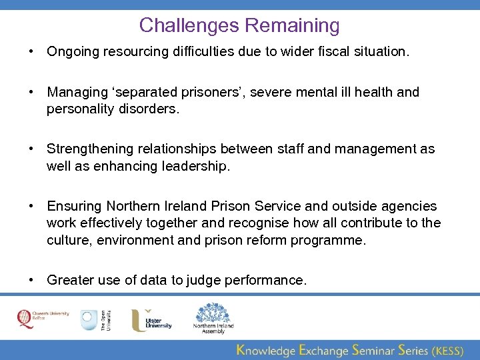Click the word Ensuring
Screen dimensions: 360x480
tap(75, 207)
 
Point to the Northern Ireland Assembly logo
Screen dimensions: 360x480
tap(213, 318)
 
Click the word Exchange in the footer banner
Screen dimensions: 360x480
tap(324, 349)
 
